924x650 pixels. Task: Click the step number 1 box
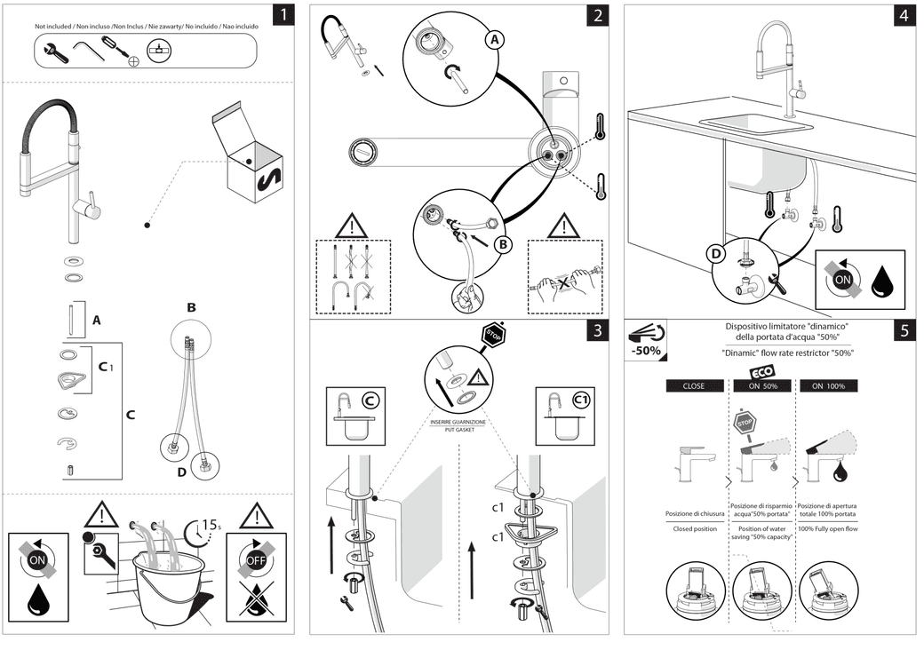tap(283, 15)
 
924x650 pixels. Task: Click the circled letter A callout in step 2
tap(495, 39)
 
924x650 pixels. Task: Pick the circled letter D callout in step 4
tap(715, 253)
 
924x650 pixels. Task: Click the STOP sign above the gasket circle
tap(491, 335)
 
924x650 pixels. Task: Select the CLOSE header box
tap(693, 386)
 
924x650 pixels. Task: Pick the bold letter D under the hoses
tap(181, 472)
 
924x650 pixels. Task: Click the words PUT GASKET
tap(458, 429)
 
